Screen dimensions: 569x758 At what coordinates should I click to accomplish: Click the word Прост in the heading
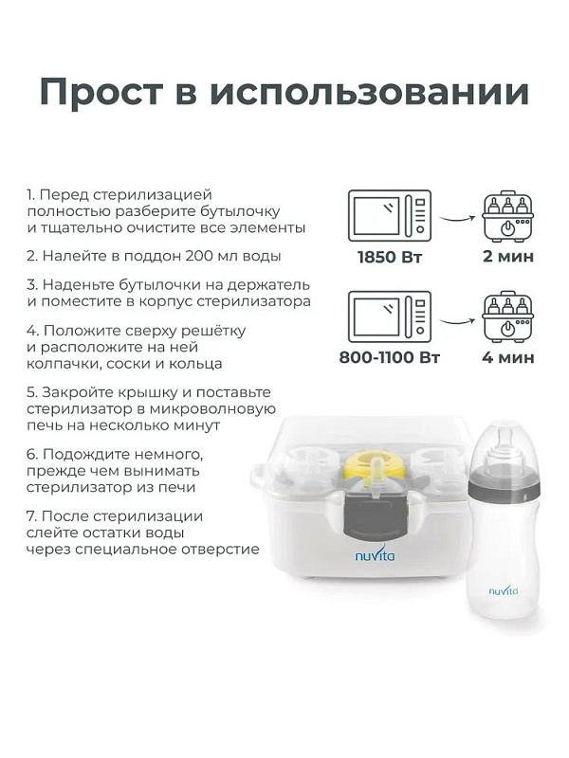[101, 92]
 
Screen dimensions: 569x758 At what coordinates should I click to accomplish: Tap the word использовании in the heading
[370, 92]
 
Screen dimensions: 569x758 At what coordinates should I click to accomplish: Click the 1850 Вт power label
[390, 257]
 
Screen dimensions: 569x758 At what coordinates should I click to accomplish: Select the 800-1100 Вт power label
[390, 358]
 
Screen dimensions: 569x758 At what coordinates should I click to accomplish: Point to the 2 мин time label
[508, 256]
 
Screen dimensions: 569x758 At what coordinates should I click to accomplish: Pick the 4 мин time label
[508, 358]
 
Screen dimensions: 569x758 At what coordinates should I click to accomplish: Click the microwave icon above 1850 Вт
[390, 216]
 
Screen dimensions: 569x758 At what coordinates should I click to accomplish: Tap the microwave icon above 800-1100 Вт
[390, 316]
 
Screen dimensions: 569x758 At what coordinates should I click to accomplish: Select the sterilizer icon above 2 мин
[507, 216]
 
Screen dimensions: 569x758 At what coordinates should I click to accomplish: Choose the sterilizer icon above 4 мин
[507, 316]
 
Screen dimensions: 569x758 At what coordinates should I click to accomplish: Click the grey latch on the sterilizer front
[374, 517]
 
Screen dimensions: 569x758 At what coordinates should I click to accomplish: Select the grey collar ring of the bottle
[505, 485]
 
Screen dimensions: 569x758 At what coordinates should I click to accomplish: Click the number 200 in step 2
[199, 256]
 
